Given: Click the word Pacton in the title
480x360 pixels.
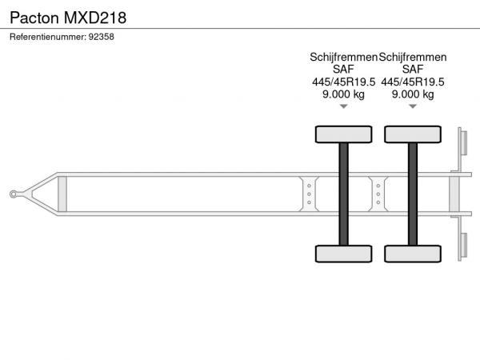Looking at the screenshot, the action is coord(34,18).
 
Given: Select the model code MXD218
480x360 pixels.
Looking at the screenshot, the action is coord(95,18).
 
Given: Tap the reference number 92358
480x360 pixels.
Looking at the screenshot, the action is coord(102,37).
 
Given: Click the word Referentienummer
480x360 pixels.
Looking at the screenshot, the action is coord(48,37).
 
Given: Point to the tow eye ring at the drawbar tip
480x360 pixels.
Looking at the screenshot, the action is coord(13,194).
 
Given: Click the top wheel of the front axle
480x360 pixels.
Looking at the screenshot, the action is coord(343,134).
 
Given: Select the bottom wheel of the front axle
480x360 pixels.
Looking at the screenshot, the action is coord(343,254).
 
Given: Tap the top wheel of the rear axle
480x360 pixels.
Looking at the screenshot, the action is coord(413,134).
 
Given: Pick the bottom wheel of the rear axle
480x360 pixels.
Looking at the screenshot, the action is coord(413,254).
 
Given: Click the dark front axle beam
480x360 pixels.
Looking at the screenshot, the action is coord(343,194).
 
